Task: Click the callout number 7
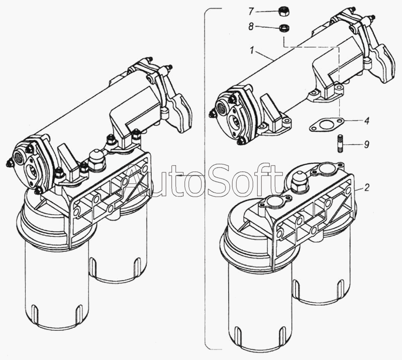[251, 11]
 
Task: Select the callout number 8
[251, 27]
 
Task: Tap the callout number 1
[252, 51]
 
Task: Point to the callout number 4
[367, 121]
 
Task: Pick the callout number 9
[367, 144]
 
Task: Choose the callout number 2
[367, 188]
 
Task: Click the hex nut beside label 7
[283, 12]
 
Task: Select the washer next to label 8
[283, 28]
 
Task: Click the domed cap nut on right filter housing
[298, 182]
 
